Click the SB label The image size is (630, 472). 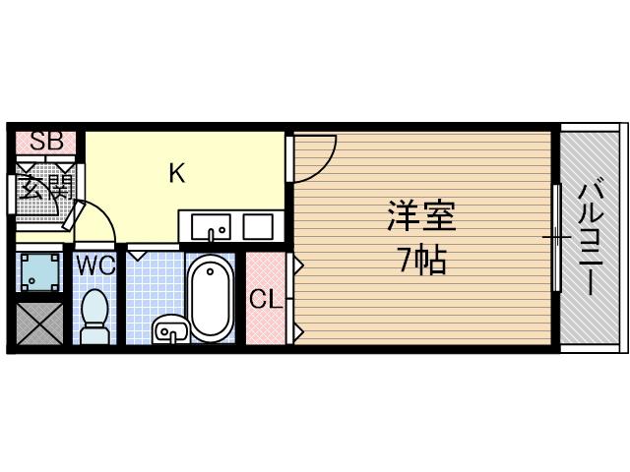(x=45, y=141)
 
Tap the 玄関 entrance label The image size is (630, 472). (x=45, y=186)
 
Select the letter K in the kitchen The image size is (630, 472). (x=176, y=174)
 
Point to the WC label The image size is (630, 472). (x=95, y=264)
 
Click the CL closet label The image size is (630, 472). (x=264, y=299)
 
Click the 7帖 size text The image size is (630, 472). (x=421, y=260)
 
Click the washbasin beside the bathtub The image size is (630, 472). (x=169, y=330)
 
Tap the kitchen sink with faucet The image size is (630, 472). (x=211, y=227)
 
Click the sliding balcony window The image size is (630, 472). (x=556, y=237)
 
